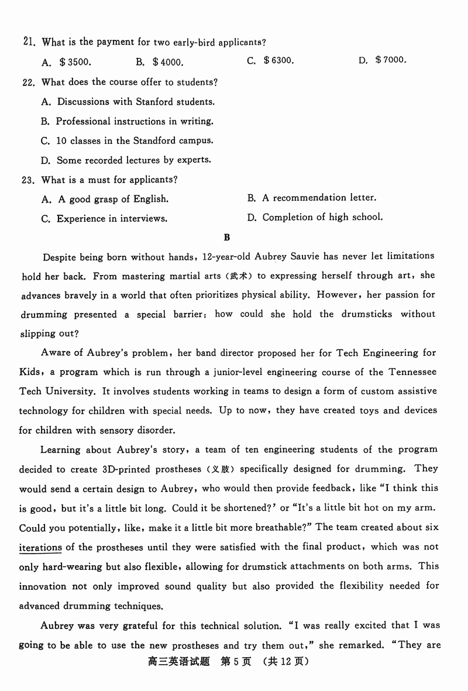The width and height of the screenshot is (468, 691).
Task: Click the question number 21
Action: coord(30,42)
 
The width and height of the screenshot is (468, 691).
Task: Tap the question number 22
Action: coord(29,82)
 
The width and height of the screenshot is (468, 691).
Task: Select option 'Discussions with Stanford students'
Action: coord(135,102)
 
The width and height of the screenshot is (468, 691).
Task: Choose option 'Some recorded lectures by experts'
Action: coord(133,160)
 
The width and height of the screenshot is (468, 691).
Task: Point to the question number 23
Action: coord(29,180)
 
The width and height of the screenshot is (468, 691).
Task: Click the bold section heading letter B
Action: coord(227,237)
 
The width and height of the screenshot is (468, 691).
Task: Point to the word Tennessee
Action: coord(413,372)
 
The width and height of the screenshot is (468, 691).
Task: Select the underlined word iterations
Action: coord(40,548)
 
